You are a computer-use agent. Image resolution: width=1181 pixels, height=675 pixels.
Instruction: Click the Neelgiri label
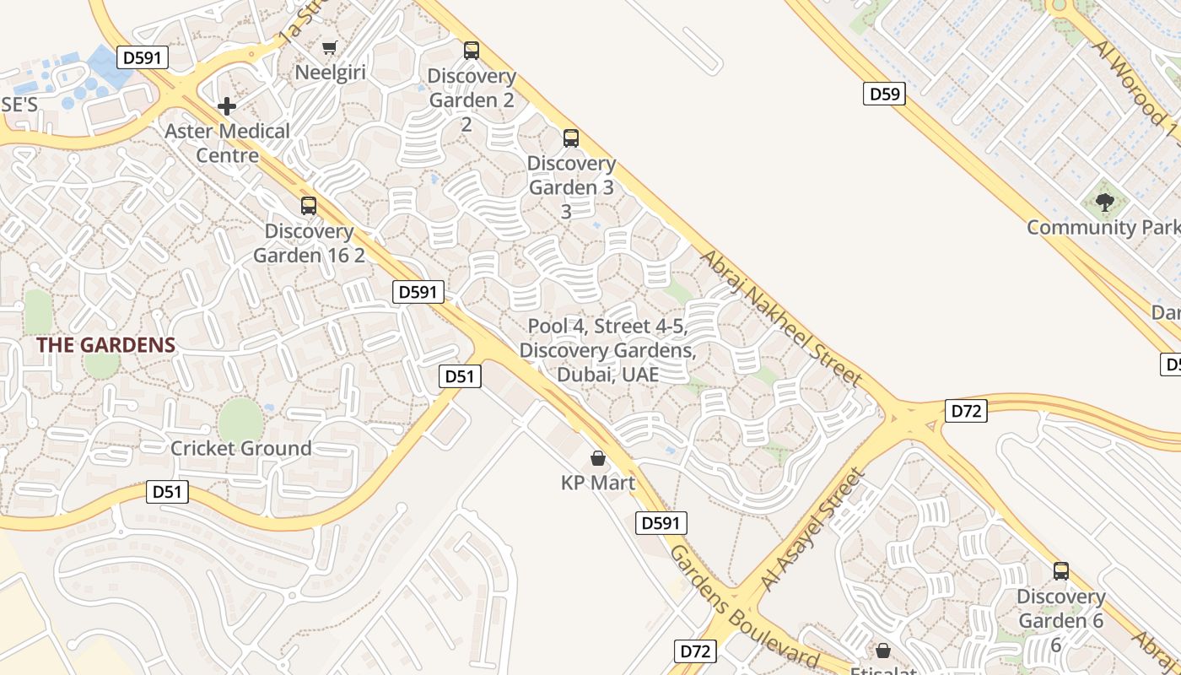tap(330, 73)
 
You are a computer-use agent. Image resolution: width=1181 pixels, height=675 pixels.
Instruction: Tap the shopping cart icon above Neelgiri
tap(330, 47)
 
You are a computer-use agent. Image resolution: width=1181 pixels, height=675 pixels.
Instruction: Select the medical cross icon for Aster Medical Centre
tap(226, 106)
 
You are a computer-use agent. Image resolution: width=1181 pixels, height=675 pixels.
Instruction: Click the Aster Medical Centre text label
tap(227, 143)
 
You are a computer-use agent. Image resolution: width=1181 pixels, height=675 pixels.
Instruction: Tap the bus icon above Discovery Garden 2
tap(471, 51)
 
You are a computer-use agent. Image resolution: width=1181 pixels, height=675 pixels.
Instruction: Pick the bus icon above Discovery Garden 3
tap(571, 138)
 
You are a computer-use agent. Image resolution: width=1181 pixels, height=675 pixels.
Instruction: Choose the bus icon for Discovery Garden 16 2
tap(309, 205)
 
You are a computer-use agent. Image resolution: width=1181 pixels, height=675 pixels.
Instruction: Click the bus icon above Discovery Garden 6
tap(1061, 571)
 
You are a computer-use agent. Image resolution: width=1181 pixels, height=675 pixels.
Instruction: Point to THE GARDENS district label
tap(106, 345)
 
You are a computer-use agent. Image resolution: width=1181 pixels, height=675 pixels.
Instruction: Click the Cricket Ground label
tap(241, 448)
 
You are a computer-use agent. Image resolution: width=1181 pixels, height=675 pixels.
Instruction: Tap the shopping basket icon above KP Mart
tap(598, 458)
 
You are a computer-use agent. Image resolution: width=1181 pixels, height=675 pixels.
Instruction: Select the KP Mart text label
tap(598, 483)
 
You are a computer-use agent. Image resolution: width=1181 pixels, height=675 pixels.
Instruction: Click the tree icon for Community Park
tap(1104, 202)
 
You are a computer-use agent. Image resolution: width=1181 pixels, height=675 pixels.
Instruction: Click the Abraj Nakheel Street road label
tap(780, 318)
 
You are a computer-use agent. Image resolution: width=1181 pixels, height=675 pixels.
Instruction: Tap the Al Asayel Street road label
tap(812, 530)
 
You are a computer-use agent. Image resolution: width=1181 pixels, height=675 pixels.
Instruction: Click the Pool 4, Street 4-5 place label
tap(607, 350)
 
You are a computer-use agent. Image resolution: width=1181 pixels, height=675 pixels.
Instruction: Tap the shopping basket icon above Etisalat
tap(882, 651)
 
